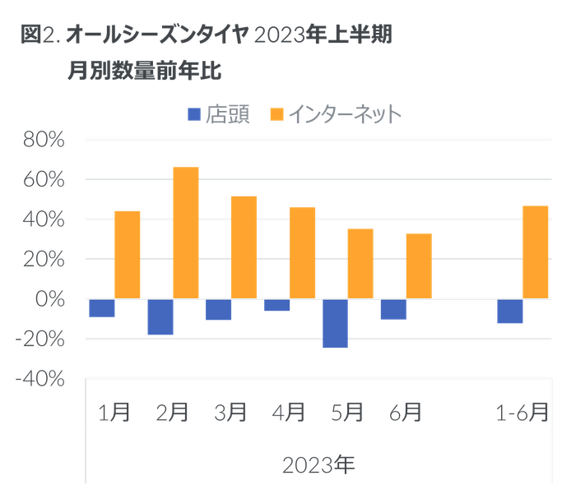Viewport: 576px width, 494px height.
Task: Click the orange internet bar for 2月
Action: pyautogui.click(x=185, y=233)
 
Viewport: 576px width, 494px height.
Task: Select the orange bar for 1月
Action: pyautogui.click(x=128, y=254)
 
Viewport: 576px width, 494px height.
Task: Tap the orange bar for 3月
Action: pyautogui.click(x=244, y=247)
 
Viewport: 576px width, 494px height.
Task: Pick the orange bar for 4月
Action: pyautogui.click(x=302, y=252)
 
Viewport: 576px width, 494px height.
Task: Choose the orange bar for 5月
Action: pyautogui.click(x=360, y=263)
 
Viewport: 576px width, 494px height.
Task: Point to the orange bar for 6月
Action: pyautogui.click(x=419, y=265)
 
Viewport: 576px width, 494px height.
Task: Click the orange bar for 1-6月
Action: pyautogui.click(x=536, y=252)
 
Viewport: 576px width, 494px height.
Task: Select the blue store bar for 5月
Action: pyautogui.click(x=335, y=324)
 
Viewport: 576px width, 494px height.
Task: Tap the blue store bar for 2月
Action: pyautogui.click(x=160, y=317)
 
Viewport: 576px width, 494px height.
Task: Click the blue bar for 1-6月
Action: pyautogui.click(x=510, y=312)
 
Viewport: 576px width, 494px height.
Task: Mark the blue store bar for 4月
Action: pyautogui.click(x=277, y=306)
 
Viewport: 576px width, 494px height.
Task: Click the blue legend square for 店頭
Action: pyautogui.click(x=194, y=115)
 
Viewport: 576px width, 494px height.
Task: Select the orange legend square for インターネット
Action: pyautogui.click(x=276, y=115)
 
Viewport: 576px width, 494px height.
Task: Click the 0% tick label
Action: pyautogui.click(x=53, y=298)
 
